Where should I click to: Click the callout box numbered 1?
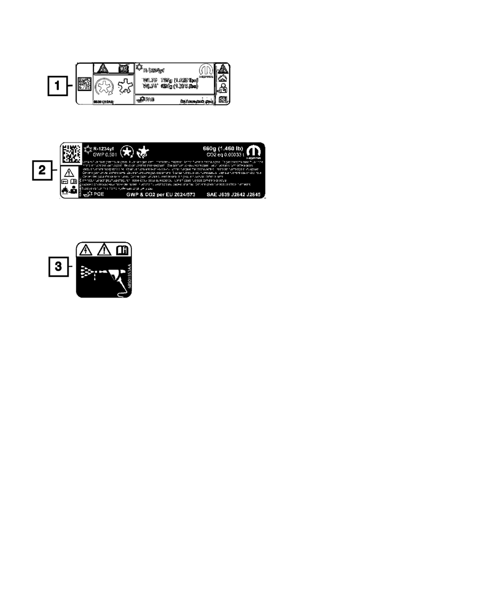[x=58, y=87]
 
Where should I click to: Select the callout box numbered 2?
[x=43, y=171]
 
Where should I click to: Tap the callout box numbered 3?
[x=58, y=267]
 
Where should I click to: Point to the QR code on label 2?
[x=71, y=153]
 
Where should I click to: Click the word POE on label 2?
[x=99, y=194]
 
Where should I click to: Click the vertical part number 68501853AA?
[x=128, y=277]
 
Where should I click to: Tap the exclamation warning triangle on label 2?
[x=69, y=172]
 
